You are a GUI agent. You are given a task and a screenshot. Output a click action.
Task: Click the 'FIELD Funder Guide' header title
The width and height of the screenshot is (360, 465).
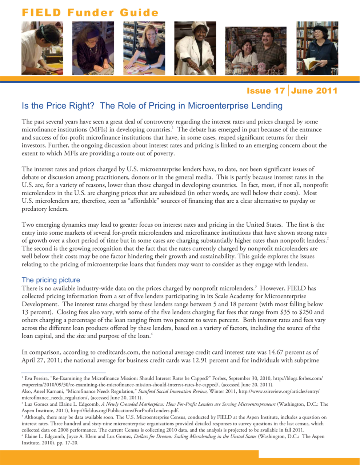pos(90,13)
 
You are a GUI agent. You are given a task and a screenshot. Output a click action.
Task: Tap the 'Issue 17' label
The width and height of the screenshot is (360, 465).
pos(265,91)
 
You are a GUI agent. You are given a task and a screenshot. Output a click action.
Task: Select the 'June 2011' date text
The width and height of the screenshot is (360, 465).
pos(314,91)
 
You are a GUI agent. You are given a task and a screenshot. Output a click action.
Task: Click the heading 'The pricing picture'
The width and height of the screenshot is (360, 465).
pos(51,280)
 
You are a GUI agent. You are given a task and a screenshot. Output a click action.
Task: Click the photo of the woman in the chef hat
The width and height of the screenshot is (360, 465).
pos(195,48)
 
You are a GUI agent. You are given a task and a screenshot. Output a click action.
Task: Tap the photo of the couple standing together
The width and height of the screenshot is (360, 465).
pos(256,51)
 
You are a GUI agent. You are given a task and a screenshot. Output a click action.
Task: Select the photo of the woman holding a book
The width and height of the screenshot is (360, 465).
pos(317,48)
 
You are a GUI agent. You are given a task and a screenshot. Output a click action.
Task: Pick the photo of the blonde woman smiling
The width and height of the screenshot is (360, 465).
pos(144,48)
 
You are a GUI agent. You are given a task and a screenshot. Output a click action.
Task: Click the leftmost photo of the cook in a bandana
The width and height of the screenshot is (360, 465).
pos(42,48)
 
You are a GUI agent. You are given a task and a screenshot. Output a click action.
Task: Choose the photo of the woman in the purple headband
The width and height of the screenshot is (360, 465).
pos(93,48)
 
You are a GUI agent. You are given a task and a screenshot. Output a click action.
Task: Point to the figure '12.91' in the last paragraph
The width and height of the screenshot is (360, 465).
pos(196,360)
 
